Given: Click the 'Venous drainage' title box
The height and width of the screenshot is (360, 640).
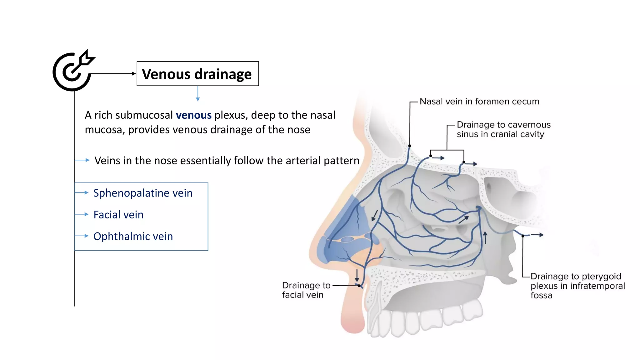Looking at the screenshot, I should (x=197, y=74).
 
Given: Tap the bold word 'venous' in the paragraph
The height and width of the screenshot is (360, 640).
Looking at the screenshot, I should (x=193, y=115).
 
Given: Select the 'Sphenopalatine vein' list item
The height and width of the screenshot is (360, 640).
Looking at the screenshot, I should (x=143, y=193).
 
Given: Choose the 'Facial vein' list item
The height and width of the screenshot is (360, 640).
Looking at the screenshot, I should (x=118, y=215).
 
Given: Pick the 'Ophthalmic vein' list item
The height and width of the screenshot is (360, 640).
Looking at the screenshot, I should (x=133, y=236).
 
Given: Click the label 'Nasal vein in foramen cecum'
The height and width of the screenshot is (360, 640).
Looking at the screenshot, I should (x=479, y=102).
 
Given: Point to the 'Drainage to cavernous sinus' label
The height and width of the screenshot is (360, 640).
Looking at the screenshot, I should (x=503, y=129).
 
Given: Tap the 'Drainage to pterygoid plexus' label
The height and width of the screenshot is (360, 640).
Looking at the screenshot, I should (x=577, y=286).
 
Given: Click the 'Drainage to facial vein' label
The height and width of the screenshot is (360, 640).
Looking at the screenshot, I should (x=306, y=290).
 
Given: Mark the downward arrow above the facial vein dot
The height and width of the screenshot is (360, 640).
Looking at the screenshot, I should (x=357, y=275).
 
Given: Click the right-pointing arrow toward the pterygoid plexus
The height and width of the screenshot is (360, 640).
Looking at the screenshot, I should (x=537, y=235).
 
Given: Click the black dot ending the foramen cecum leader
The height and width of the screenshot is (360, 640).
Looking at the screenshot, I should (x=409, y=146).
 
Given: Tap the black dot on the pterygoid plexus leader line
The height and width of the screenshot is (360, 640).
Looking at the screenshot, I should (x=523, y=236).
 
